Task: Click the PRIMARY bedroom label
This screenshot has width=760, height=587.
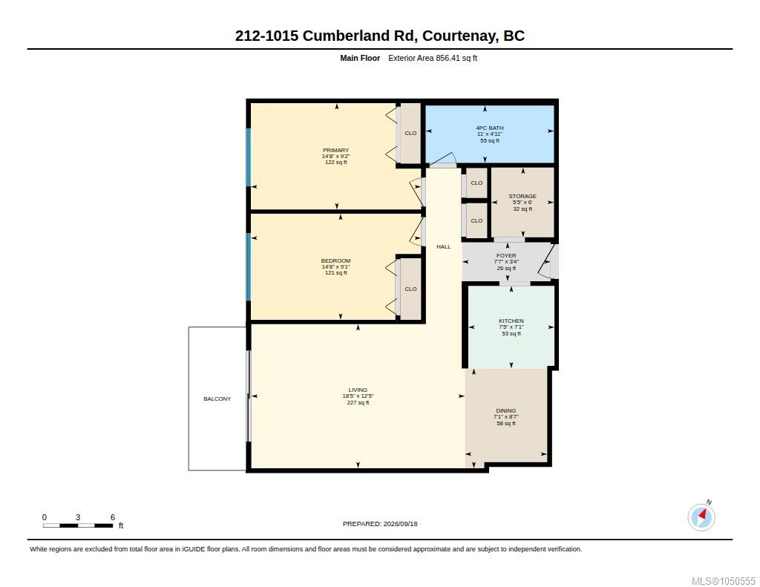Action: (x=336, y=150)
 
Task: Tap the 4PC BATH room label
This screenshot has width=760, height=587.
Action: (x=490, y=128)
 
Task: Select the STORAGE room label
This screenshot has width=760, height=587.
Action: (x=522, y=197)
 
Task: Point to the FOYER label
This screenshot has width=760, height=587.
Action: (x=506, y=255)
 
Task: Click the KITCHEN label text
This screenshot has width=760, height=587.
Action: (x=511, y=321)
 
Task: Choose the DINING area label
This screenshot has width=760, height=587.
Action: (x=506, y=410)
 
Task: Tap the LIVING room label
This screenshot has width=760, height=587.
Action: (x=358, y=390)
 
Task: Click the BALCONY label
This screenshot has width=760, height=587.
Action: (x=217, y=399)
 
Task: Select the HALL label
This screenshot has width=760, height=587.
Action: (x=444, y=246)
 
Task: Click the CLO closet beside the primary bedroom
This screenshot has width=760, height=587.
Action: (x=410, y=134)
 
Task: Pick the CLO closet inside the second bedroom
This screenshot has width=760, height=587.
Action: (x=410, y=289)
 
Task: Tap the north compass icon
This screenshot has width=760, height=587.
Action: (x=701, y=517)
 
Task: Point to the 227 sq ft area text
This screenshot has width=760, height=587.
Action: (x=358, y=402)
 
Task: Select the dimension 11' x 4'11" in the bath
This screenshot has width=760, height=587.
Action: (x=490, y=134)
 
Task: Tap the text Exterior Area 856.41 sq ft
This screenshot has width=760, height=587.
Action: (x=433, y=58)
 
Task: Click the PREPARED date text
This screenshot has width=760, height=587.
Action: (x=380, y=523)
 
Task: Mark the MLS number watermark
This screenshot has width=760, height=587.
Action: (x=723, y=581)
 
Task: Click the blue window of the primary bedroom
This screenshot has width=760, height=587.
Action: (x=249, y=157)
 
